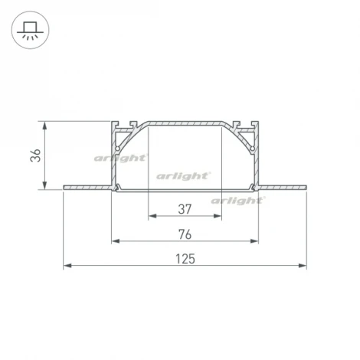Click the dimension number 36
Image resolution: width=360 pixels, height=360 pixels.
pyautogui.click(x=35, y=155)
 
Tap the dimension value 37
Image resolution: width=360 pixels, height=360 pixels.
pyautogui.click(x=185, y=209)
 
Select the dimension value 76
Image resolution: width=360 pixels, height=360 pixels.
pyautogui.click(x=185, y=234)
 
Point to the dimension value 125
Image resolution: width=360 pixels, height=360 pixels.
pyautogui.click(x=185, y=259)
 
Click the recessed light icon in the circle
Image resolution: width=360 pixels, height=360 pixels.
pyautogui.click(x=30, y=30)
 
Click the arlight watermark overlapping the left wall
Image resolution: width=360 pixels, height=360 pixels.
pyautogui.click(x=120, y=159)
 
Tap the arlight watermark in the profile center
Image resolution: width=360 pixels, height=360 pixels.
pyautogui.click(x=183, y=176)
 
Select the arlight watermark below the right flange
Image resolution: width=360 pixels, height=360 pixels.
pyautogui.click(x=238, y=201)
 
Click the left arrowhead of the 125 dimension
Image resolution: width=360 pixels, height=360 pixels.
pyautogui.click(x=67, y=266)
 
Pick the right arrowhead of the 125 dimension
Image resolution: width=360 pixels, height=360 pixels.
pyautogui.click(x=303, y=266)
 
